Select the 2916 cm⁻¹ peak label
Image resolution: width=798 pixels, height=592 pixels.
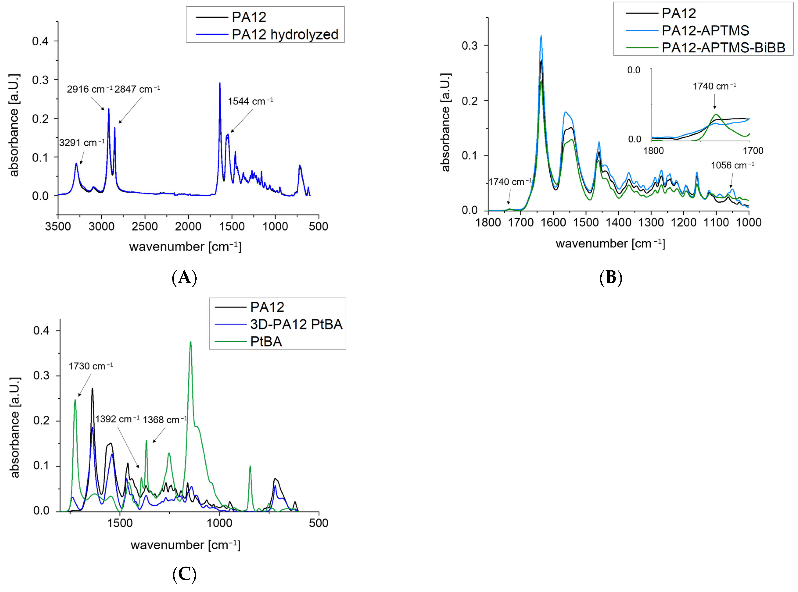click(89, 89)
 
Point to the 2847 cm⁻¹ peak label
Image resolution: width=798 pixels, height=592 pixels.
click(137, 89)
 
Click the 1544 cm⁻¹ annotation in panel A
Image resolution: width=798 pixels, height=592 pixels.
click(250, 101)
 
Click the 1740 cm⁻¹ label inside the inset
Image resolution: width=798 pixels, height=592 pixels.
click(714, 86)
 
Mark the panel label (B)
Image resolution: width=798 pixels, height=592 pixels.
click(611, 278)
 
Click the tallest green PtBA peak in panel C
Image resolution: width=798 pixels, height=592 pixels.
click(190, 342)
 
